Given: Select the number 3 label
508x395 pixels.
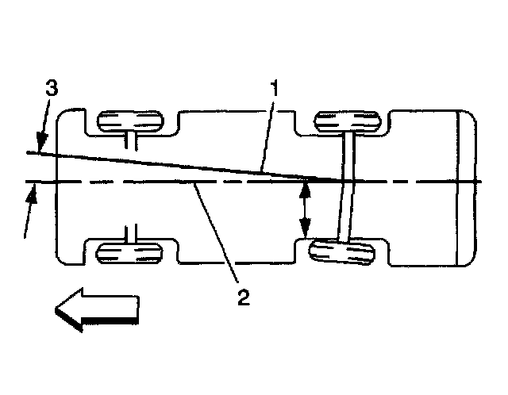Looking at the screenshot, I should [50, 88].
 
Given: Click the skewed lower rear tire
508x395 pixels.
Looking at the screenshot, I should [342, 253].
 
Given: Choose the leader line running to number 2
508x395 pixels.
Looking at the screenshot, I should [216, 234].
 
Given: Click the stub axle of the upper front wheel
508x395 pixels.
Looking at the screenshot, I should [132, 140].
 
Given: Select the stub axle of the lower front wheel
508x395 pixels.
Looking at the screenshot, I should [132, 234].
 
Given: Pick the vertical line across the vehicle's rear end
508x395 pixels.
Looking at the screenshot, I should [459, 190].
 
